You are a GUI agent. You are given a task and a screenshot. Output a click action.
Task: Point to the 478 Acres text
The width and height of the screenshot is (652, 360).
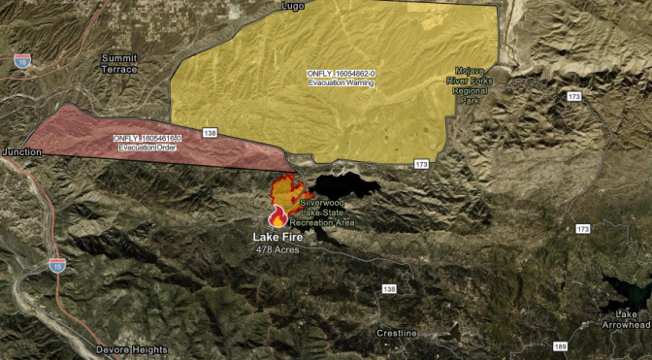coord(277,249)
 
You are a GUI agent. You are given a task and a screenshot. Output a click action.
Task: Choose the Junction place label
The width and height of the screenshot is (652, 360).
coord(22,152)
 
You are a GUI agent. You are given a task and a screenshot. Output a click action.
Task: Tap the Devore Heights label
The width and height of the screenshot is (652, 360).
coord(132,349)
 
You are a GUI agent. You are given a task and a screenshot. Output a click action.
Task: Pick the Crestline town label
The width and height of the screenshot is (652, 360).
coord(396,333)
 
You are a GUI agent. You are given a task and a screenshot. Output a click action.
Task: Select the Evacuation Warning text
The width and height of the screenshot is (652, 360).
coord(341,82)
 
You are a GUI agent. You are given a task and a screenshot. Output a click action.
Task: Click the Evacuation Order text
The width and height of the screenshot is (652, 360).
coord(147,147)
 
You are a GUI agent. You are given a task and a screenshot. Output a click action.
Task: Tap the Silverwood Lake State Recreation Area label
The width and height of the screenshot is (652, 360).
coord(326,213)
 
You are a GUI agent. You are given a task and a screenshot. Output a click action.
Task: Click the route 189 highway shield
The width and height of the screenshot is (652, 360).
coord(561,346)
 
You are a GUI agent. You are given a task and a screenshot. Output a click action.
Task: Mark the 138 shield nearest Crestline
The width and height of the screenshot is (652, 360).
coord(389,289)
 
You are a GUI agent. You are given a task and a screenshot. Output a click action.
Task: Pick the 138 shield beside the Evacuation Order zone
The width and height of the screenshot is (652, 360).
coord(210,131)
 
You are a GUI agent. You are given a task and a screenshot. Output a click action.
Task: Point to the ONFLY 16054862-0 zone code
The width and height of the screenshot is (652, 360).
coord(342,72)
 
